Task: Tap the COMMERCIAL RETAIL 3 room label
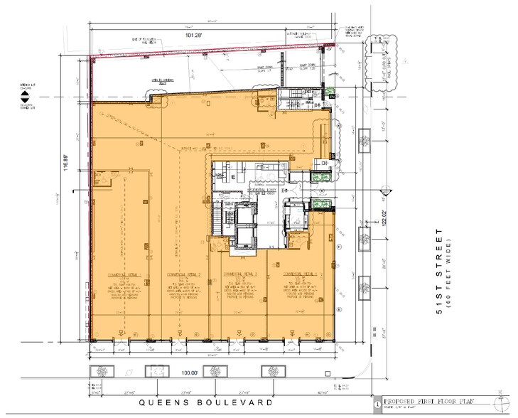coord(239,274)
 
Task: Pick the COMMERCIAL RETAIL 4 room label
coord(299,274)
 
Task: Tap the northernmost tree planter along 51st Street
coord(372,54)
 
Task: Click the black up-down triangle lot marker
coord(24,95)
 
